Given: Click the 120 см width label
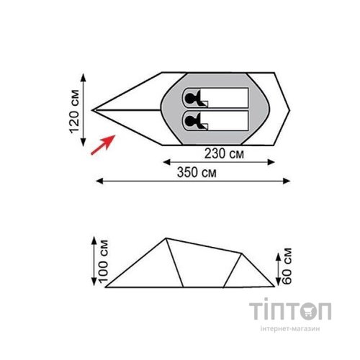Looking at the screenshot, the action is pos(74,112).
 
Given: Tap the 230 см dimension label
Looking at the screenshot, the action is pos(224,153).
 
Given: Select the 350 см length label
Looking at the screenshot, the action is pos(197,173).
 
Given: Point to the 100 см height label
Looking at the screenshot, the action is pos(103,261).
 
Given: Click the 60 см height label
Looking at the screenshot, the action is pos(287,266).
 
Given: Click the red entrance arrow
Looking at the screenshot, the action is pos(103,145).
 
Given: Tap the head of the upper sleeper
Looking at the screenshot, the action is pos(189,98).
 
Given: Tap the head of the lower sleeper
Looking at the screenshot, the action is pos(189,120).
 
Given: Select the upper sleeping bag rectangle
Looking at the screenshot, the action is pos(215,98).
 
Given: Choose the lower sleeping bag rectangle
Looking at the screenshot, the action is pos(215,120).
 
